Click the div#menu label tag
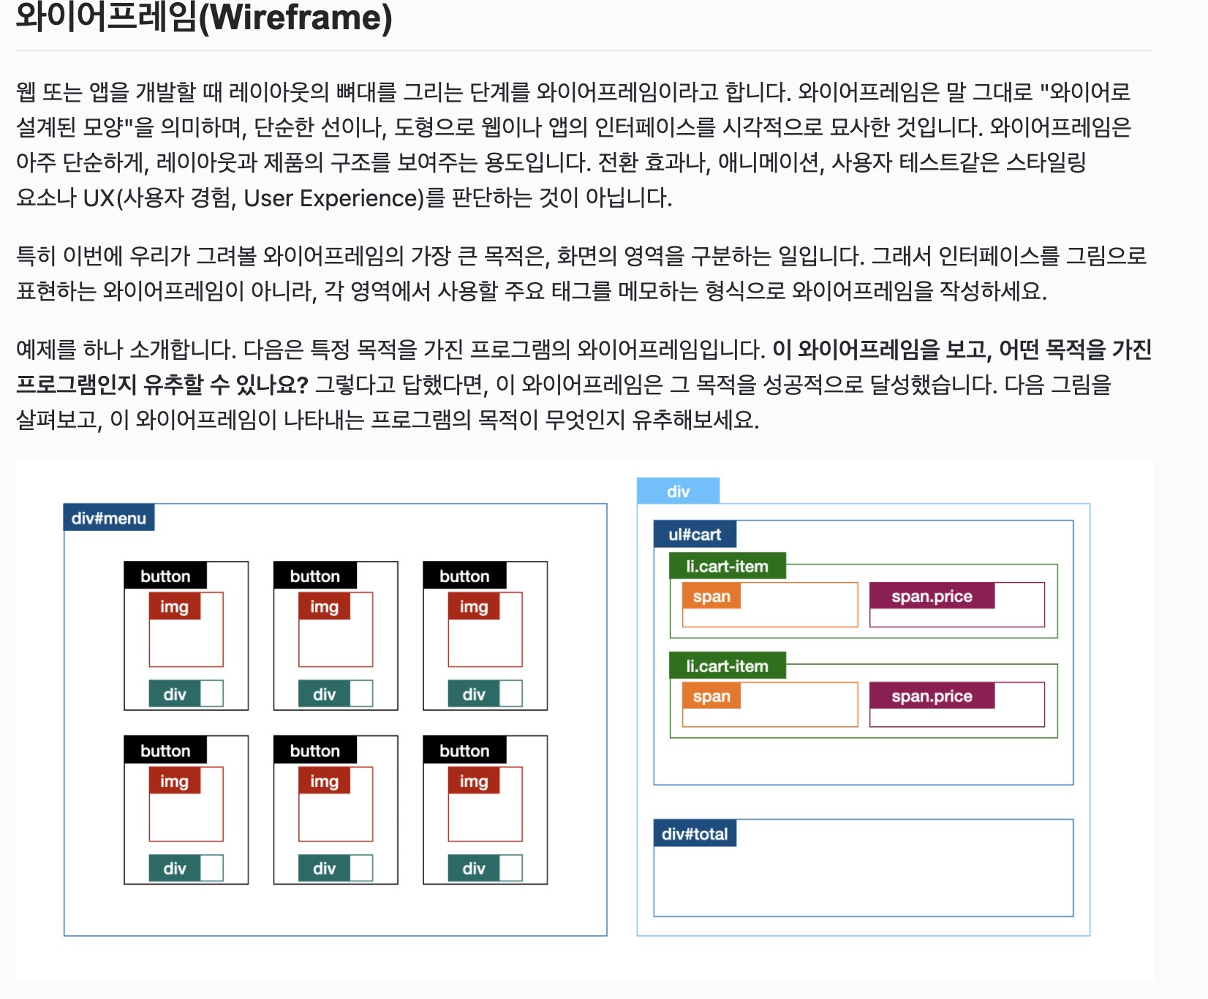pyautogui.click(x=109, y=518)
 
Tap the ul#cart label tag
pyautogui.click(x=695, y=535)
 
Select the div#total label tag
pyautogui.click(x=695, y=834)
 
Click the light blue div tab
pyautogui.click(x=678, y=491)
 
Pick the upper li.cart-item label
pyautogui.click(x=728, y=566)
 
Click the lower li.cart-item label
pyautogui.click(x=728, y=666)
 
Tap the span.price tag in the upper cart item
pyautogui.click(x=932, y=596)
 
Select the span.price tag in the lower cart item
pyautogui.click(x=932, y=696)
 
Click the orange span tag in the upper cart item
pyautogui.click(x=711, y=596)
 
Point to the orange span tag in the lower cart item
pyautogui.click(x=711, y=696)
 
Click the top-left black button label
pyautogui.click(x=165, y=576)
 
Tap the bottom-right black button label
pyautogui.click(x=464, y=751)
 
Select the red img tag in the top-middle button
pyautogui.click(x=324, y=607)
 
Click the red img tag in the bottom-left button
pyautogui.click(x=174, y=781)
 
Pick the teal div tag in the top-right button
pyautogui.click(x=474, y=694)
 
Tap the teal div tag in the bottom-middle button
pyautogui.click(x=324, y=868)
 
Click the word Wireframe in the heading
pyautogui.click(x=295, y=18)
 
